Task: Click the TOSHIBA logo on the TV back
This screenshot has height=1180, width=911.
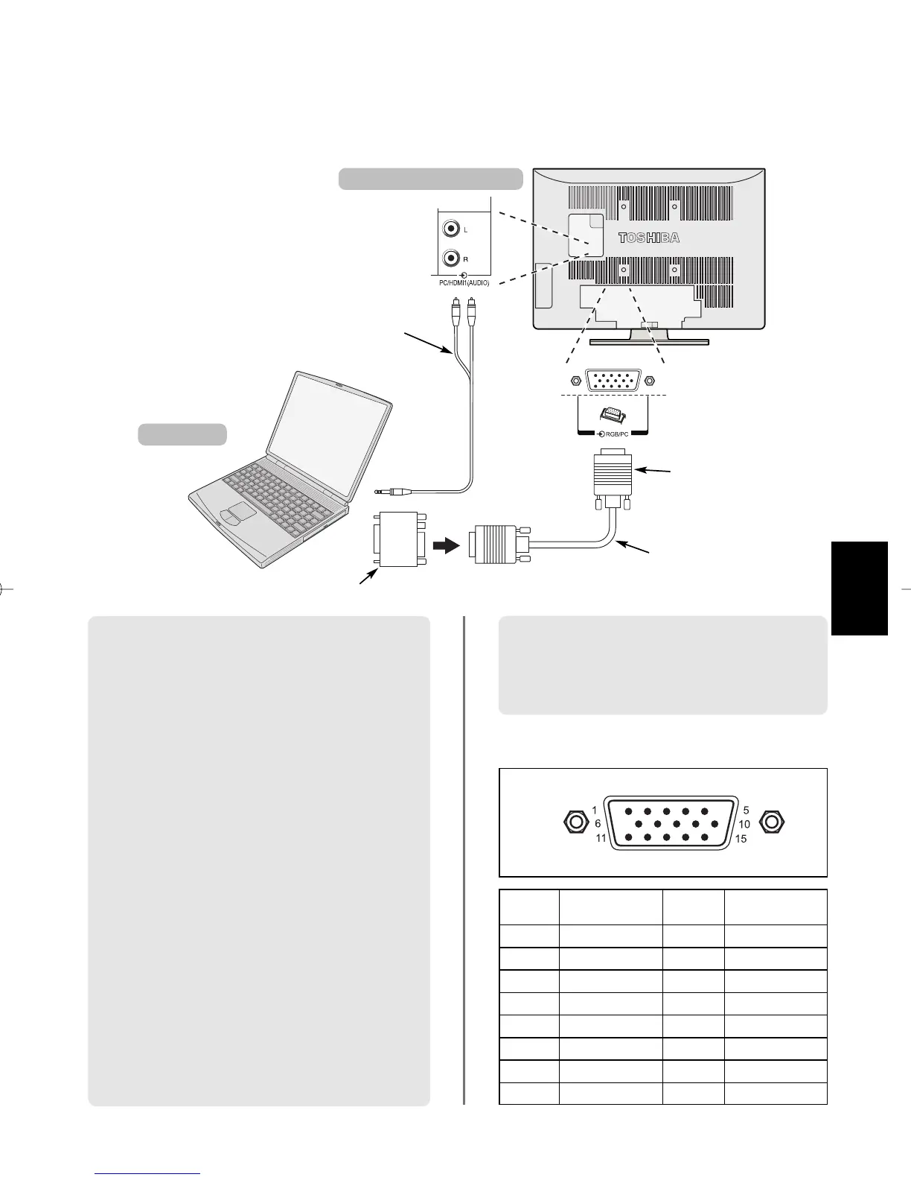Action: [x=649, y=238]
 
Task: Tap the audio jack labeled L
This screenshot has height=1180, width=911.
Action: [x=450, y=229]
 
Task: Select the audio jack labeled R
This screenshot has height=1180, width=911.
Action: [x=450, y=258]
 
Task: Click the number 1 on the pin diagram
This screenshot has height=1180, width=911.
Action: [x=594, y=810]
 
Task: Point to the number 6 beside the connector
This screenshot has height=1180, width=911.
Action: [x=597, y=824]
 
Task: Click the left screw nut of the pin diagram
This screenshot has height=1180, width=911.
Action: [x=574, y=822]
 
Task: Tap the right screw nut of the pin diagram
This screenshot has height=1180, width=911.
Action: [x=772, y=822]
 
